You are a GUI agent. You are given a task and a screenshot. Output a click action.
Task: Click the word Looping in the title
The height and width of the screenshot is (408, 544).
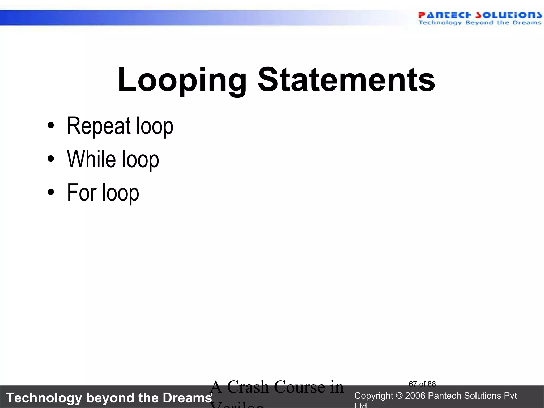coord(182,80)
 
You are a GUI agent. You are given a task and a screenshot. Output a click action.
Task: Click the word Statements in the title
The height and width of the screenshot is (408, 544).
coord(346,80)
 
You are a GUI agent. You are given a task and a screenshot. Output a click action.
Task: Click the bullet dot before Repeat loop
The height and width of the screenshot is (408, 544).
coord(50,125)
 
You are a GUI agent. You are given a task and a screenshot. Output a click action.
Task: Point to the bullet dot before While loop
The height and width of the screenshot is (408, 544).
coord(50,159)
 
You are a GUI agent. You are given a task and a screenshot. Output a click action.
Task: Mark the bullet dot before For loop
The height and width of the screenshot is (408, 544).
coord(50,192)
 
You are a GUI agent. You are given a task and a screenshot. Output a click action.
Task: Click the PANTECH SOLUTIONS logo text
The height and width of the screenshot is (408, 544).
coord(480,15)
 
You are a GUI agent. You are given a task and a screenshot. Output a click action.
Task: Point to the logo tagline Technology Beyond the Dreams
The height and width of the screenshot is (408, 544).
coord(480,23)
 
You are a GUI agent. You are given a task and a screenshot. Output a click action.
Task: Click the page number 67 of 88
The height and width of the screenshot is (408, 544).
coord(422,384)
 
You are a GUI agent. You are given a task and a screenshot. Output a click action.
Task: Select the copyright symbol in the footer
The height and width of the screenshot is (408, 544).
coord(399,396)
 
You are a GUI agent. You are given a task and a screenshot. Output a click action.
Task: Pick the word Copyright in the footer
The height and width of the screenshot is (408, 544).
coord(373,396)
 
